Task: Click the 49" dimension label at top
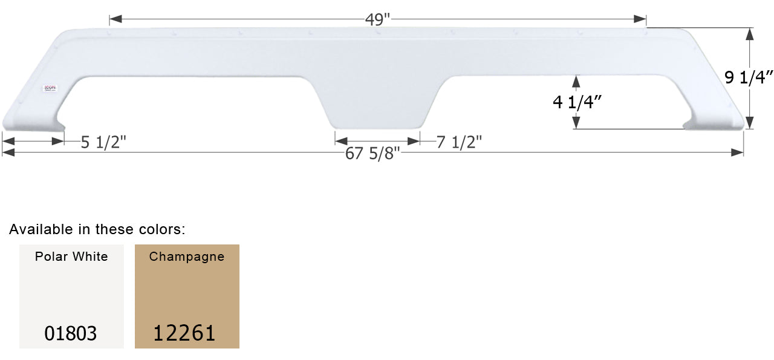(378, 19)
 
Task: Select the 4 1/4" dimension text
(577, 102)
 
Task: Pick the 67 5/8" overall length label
(372, 154)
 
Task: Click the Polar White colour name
(71, 257)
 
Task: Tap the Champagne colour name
(187, 257)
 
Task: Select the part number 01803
(71, 333)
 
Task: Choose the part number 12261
(184, 332)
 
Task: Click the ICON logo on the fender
(50, 88)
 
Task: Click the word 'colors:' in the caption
(164, 229)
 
